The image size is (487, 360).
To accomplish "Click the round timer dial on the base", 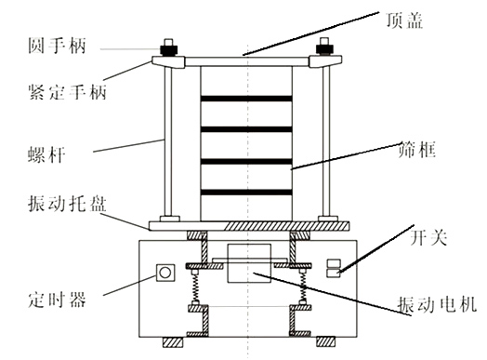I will (x=166, y=273).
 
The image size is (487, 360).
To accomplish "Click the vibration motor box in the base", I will (x=248, y=264).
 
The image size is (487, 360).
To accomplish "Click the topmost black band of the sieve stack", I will (x=247, y=98).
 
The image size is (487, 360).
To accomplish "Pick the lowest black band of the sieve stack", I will (x=247, y=193).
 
